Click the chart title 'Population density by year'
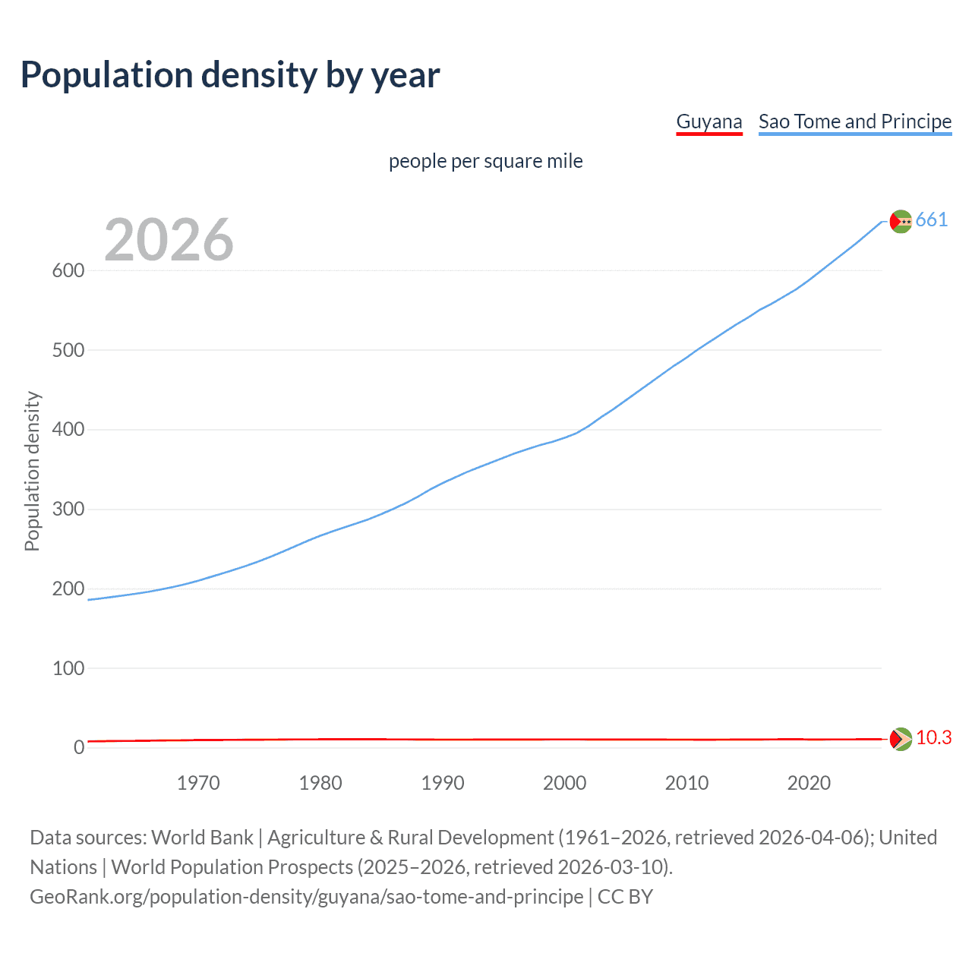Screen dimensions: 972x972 [230, 75]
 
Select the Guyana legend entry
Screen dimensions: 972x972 [708, 121]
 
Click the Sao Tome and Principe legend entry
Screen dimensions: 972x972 [854, 121]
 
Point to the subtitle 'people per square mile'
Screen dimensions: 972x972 [485, 161]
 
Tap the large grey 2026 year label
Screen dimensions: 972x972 [169, 240]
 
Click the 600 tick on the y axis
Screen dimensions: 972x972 [68, 271]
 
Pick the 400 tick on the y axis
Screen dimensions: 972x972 [68, 430]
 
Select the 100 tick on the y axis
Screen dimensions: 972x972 [68, 668]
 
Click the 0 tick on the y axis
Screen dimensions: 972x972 [78, 748]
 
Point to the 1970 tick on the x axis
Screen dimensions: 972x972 [198, 783]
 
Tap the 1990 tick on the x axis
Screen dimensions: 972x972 [443, 783]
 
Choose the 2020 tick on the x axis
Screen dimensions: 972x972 [809, 783]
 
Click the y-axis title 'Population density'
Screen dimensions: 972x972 [32, 471]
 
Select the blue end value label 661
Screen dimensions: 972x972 [931, 220]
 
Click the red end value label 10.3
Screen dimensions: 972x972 [933, 738]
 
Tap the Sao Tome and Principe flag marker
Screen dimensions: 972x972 [901, 221]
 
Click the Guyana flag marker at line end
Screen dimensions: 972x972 [901, 739]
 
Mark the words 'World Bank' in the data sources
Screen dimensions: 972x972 [202, 838]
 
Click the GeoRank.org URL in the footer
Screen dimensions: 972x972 [306, 897]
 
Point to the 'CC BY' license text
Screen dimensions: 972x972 [625, 897]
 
